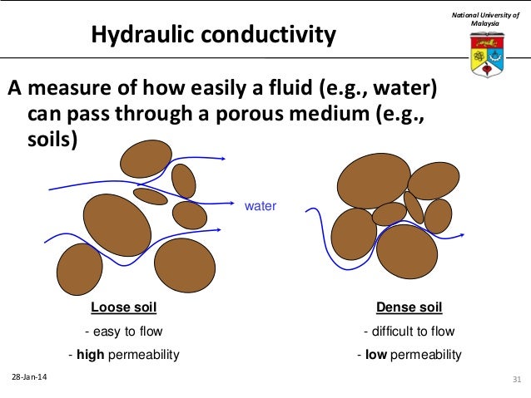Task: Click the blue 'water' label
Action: (x=259, y=205)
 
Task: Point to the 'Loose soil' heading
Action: (x=123, y=307)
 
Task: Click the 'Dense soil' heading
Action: (x=409, y=307)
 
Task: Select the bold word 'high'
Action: (x=91, y=355)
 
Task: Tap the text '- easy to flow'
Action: (x=123, y=332)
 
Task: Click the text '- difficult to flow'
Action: (x=409, y=332)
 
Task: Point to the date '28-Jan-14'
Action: (x=29, y=378)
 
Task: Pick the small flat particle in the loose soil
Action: (x=151, y=196)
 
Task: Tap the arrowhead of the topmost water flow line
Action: (x=222, y=158)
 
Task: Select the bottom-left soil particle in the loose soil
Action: (x=79, y=269)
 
